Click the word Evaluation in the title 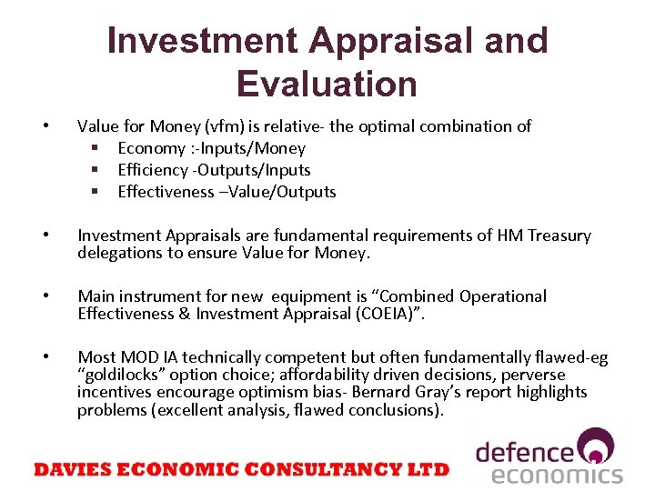327,84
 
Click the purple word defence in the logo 526,452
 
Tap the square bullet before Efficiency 94,170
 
